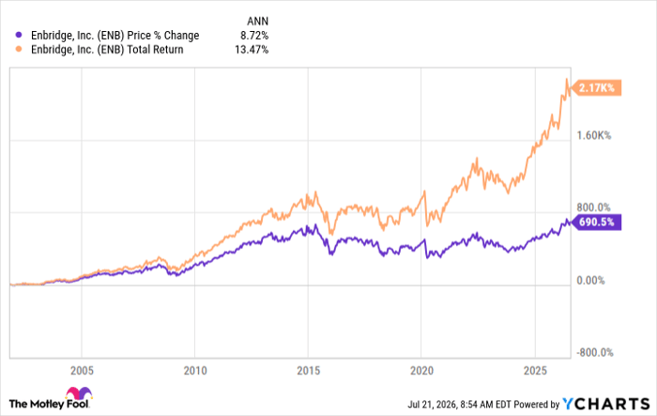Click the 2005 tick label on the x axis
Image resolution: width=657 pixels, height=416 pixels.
(82, 370)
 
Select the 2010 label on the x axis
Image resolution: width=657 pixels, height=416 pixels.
(195, 370)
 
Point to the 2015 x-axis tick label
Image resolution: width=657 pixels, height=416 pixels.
(308, 370)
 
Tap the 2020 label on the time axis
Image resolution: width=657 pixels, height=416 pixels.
(421, 370)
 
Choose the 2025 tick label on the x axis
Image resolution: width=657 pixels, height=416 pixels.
(535, 370)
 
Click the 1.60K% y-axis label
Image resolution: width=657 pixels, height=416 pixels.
(594, 135)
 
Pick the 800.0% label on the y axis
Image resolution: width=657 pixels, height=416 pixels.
(594, 208)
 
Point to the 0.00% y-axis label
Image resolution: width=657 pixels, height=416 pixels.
(590, 280)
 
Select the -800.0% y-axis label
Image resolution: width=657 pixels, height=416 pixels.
(595, 352)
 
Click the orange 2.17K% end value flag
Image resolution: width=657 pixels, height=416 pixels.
(597, 88)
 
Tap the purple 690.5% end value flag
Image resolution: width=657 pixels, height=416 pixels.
(597, 222)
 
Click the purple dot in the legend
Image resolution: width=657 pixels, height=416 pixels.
(19, 35)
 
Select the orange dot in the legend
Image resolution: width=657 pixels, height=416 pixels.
(19, 49)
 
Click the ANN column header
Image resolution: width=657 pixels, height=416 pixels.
(257, 21)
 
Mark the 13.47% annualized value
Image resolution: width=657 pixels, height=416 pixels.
(252, 50)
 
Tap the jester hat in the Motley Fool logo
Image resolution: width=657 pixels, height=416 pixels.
(79, 393)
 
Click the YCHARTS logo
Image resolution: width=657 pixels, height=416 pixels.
(606, 404)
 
